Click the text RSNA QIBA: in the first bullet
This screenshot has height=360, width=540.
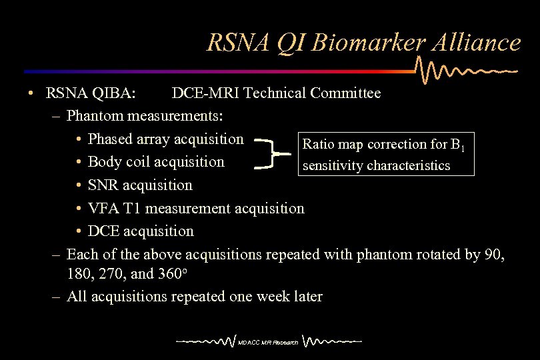pyautogui.click(x=91, y=93)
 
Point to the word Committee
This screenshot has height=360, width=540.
pyautogui.click(x=344, y=93)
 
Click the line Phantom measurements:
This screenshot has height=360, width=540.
pyautogui.click(x=145, y=116)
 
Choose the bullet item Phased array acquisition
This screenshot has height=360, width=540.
pyautogui.click(x=165, y=139)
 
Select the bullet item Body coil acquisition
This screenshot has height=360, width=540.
pyautogui.click(x=156, y=162)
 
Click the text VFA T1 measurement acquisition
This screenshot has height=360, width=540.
pyautogui.click(x=196, y=209)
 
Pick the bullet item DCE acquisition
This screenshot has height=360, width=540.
pyautogui.click(x=141, y=231)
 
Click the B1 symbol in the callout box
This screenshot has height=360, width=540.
pyautogui.click(x=457, y=145)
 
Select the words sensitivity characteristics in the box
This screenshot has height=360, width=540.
pyautogui.click(x=376, y=165)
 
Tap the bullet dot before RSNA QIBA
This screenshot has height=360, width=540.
pyautogui.click(x=31, y=93)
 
